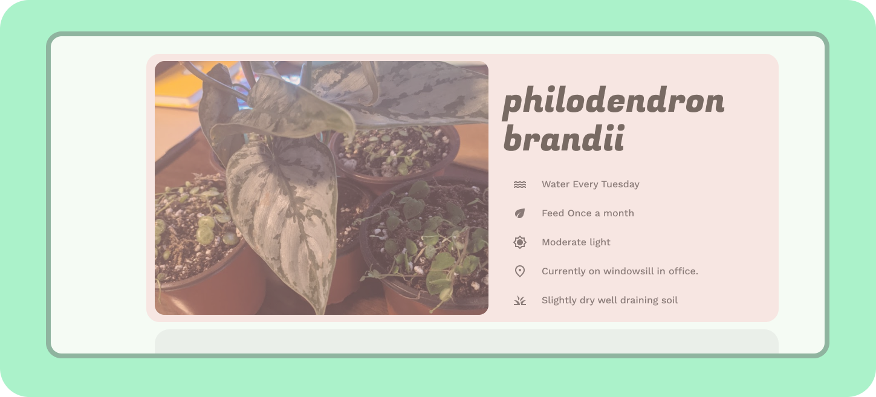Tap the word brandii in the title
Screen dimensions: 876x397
[564, 138]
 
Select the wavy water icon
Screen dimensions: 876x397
[520, 184]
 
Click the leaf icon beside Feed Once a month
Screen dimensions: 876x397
[520, 213]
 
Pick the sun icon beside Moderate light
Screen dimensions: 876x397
[520, 242]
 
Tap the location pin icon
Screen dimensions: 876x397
[520, 271]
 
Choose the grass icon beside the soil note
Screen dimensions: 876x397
[520, 300]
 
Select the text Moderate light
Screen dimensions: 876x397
[576, 242]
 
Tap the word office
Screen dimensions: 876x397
[683, 271]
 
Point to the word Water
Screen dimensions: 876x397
[556, 184]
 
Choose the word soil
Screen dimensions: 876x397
[669, 300]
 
